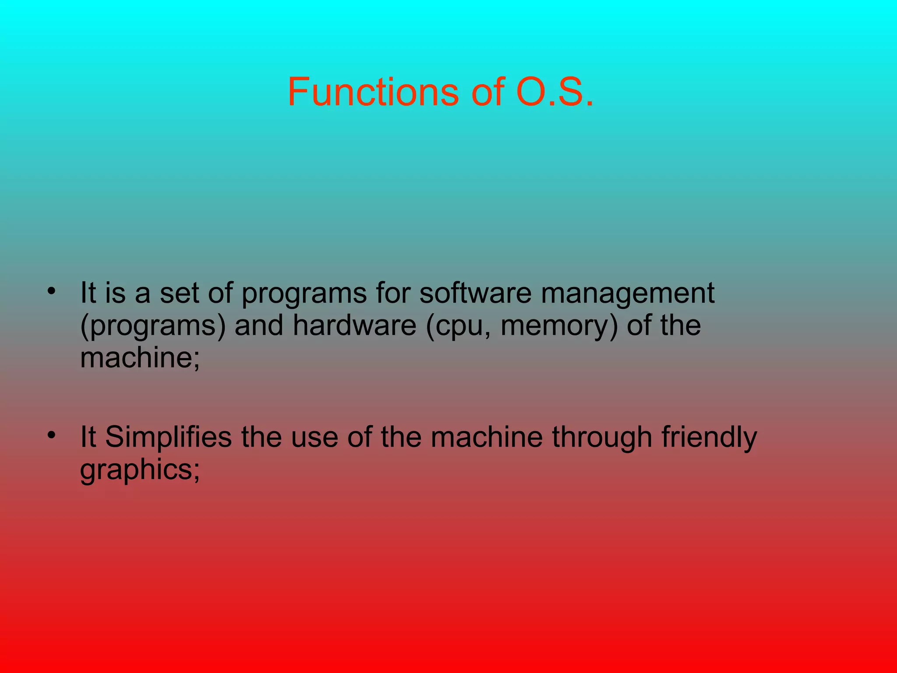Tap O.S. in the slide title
tap(555, 92)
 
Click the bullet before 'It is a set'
tap(52, 291)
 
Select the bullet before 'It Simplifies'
tap(52, 435)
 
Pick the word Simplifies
tap(169, 438)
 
